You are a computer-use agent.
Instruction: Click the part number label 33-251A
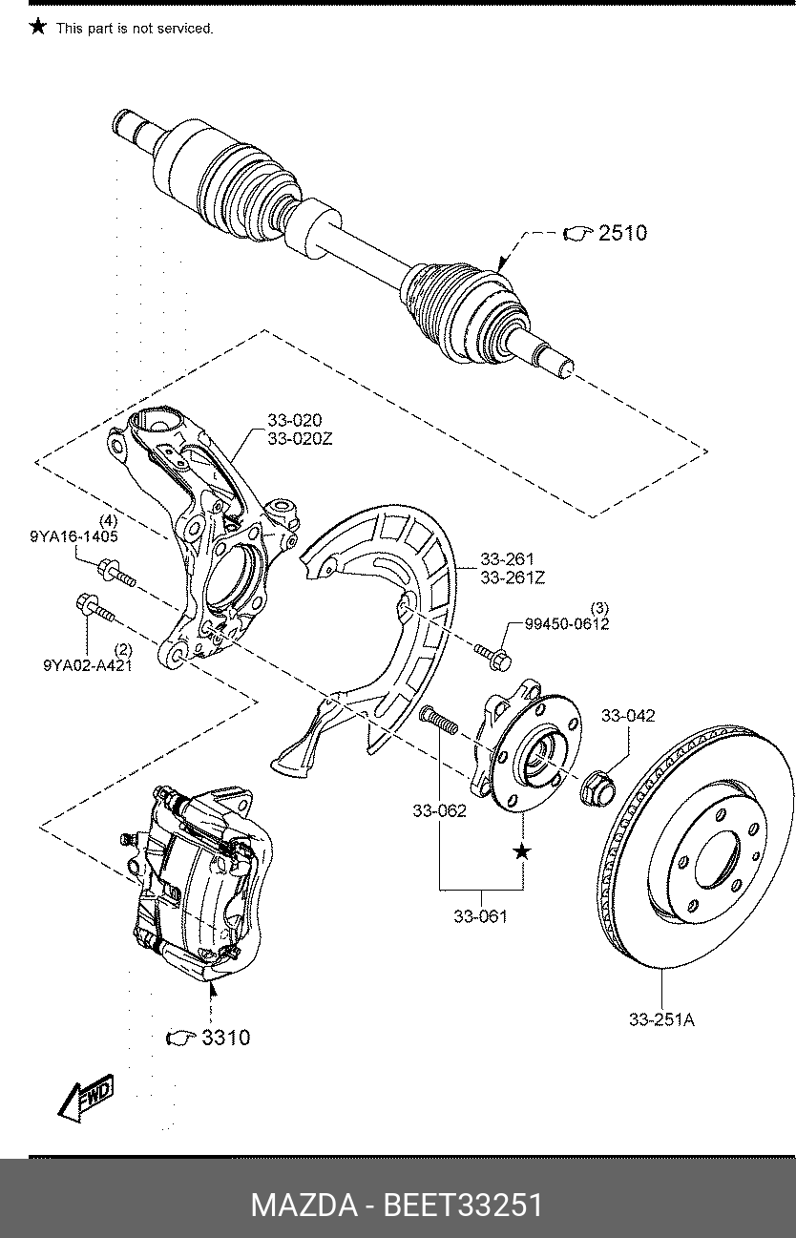661,1019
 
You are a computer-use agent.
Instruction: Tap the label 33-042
628,715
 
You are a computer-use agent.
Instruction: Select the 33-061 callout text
480,916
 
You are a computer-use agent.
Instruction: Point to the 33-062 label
439,810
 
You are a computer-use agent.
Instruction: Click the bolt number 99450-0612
567,624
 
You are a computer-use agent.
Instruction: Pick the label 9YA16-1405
74,536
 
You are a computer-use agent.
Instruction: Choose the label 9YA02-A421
88,665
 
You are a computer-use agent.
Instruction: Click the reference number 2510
622,233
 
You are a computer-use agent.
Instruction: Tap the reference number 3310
225,1038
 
